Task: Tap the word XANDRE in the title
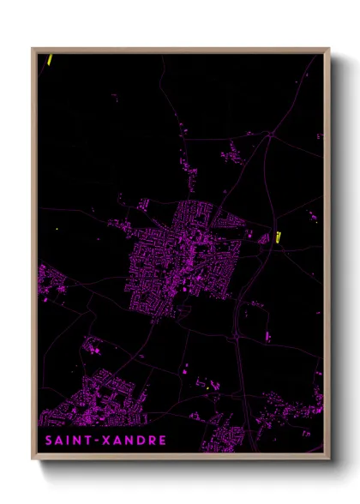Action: point(135,441)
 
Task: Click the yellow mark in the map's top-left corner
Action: point(51,60)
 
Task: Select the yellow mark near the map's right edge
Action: point(279,237)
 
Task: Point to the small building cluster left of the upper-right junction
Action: point(231,155)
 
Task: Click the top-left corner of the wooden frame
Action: point(33,49)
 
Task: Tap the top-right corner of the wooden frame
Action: point(328,49)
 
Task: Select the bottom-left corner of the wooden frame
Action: point(33,460)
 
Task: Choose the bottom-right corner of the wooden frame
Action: point(328,460)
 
